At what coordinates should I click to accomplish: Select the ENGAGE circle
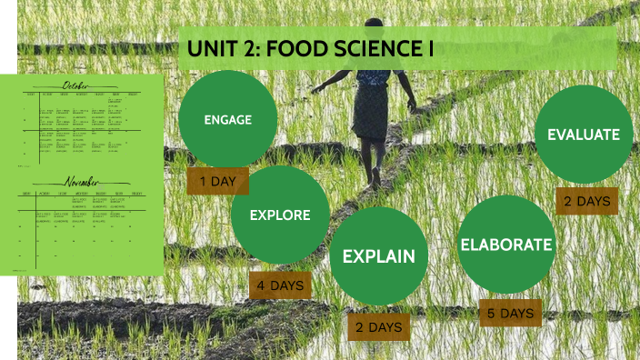point(227,118)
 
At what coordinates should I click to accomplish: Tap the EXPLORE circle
point(280,215)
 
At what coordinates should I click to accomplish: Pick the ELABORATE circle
point(505,245)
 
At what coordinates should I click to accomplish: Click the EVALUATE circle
point(583,135)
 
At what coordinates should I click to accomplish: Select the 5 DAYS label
point(510,313)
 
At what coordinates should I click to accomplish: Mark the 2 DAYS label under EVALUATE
point(586,201)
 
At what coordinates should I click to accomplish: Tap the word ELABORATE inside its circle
point(505,245)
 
